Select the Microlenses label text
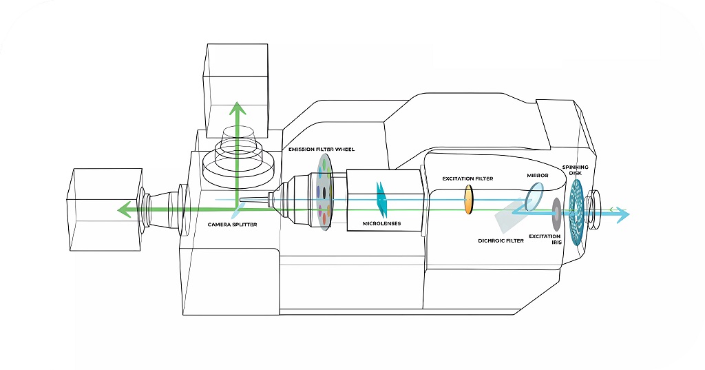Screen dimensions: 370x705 [381, 224]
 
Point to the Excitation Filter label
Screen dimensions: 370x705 [468, 178]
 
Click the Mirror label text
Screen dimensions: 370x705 [537, 176]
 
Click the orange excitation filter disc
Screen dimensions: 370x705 [470, 198]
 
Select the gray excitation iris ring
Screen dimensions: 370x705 [555, 214]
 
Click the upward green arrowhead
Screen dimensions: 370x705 [237, 107]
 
